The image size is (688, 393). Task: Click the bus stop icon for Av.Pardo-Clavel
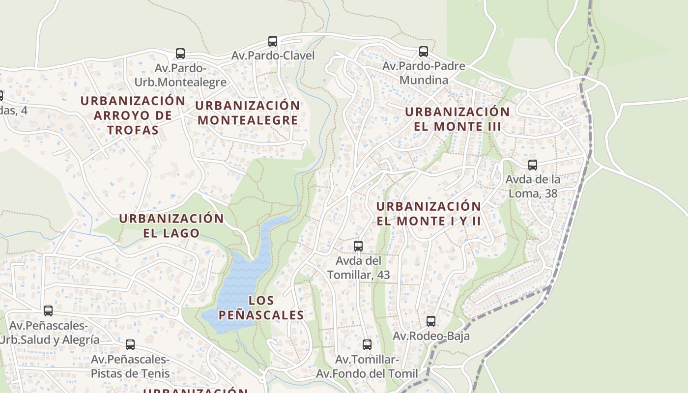[x=273, y=41]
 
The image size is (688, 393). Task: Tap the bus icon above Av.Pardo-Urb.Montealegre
[x=180, y=54]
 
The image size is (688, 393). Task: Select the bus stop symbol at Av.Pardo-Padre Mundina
[x=423, y=52]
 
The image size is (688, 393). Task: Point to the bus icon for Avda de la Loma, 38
[x=533, y=165]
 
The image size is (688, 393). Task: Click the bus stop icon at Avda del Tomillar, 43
[x=358, y=246]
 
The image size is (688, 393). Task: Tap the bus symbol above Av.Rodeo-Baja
[x=431, y=321]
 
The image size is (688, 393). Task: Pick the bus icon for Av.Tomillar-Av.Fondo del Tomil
[x=367, y=345]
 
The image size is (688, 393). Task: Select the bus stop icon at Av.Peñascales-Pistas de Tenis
[x=130, y=345]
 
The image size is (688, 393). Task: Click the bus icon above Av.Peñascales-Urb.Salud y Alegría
[x=48, y=311]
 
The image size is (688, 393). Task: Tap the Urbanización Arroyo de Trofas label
[x=133, y=115]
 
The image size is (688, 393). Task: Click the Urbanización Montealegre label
[x=248, y=112]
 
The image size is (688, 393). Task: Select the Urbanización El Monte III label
[x=457, y=119]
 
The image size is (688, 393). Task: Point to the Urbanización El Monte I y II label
[x=429, y=213]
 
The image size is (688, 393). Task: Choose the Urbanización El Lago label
[x=172, y=225]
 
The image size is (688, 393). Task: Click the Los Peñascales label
[x=261, y=308]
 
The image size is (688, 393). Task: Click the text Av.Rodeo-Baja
[x=431, y=336]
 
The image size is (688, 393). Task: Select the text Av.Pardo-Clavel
[x=273, y=56]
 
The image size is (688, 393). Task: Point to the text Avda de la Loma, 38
[x=533, y=186]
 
